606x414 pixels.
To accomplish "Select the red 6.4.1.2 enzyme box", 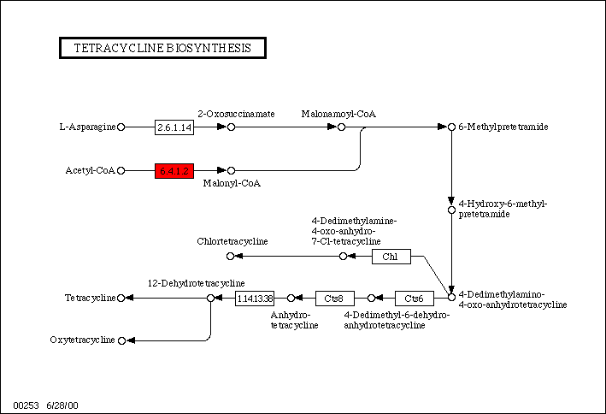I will [174, 170].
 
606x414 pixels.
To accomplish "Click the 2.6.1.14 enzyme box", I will [174, 127].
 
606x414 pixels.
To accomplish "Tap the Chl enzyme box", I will [391, 256].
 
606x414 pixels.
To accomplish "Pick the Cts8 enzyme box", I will [334, 299].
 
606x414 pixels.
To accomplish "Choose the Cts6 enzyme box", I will [414, 299].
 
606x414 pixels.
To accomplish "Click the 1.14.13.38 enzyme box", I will [255, 299].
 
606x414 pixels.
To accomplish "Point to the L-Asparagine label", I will [87, 127].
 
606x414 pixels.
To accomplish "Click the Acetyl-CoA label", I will [90, 170].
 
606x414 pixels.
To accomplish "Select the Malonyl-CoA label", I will [231, 183].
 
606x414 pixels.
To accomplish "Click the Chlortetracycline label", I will [232, 241].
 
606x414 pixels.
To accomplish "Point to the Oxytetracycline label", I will [82, 340].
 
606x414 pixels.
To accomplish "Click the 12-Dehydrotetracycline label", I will [196, 283].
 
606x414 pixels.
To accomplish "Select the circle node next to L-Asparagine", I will [121, 127].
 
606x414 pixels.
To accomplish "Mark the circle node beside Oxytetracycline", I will [121, 340].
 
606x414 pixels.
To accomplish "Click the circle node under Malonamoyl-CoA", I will [341, 127].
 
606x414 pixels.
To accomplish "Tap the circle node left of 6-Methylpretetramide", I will [451, 127].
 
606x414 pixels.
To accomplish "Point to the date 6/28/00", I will [62, 404].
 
